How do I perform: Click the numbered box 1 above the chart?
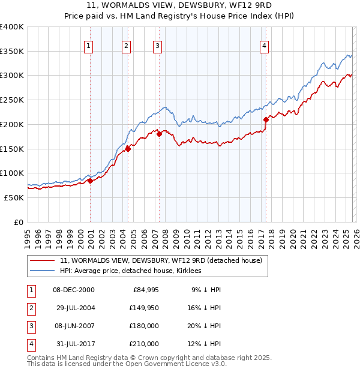tap(89, 45)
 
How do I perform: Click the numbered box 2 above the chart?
tap(126, 45)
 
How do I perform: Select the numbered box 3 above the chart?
tap(157, 45)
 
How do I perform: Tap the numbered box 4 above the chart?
tap(264, 45)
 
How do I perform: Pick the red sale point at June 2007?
tap(159, 134)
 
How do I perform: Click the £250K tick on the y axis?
tap(12, 100)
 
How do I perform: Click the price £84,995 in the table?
tap(144, 290)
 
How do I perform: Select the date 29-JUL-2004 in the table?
tap(75, 308)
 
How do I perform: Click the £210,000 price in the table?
tap(144, 344)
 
